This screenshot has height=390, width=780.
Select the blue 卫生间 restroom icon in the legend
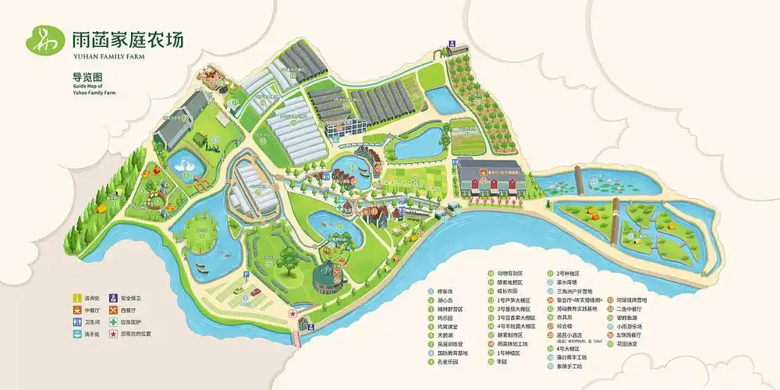[77, 321]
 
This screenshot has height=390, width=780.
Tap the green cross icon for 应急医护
[113, 321]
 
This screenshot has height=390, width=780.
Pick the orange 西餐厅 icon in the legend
[113, 310]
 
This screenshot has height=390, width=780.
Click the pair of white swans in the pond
[187, 165]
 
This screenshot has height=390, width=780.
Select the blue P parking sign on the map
[246, 275]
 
